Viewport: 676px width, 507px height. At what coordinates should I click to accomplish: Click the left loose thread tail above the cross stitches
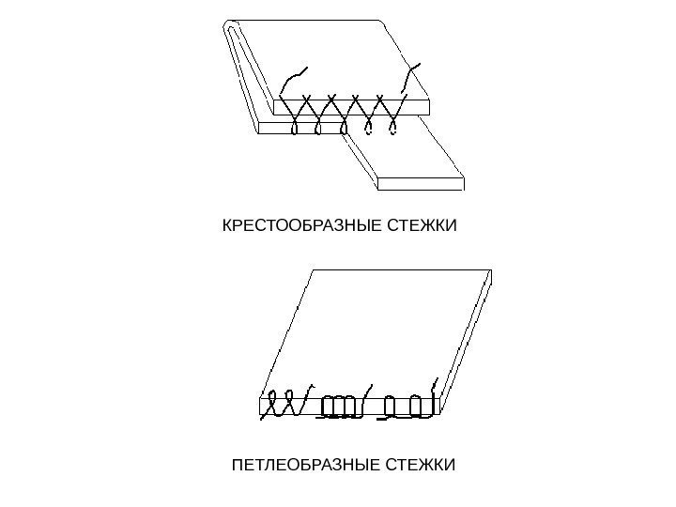294,79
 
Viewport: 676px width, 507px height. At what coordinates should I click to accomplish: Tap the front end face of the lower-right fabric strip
420,182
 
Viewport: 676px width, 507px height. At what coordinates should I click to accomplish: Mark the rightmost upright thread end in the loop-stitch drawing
435,390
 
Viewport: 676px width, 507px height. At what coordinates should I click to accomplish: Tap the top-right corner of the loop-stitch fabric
491,271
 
